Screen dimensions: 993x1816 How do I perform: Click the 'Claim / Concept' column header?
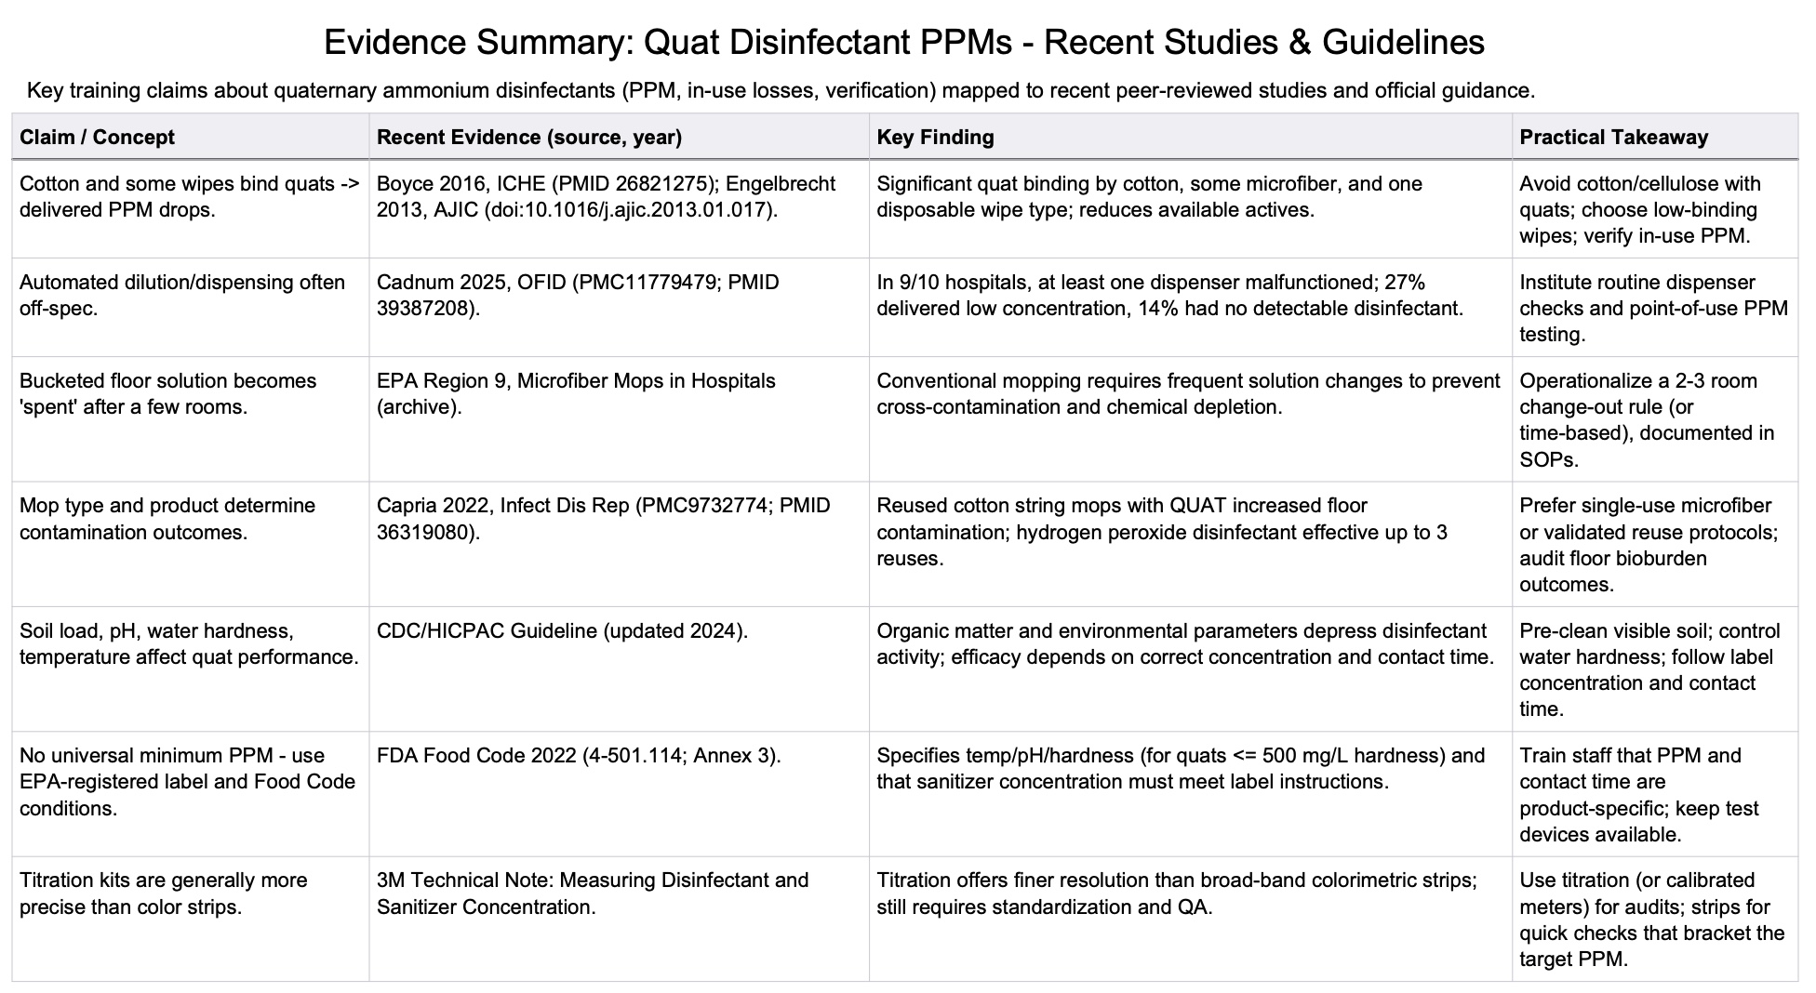click(97, 138)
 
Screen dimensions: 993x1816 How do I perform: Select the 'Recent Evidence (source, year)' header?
click(528, 138)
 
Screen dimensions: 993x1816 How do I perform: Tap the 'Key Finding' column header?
click(935, 138)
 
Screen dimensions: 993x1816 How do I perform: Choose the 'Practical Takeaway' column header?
click(1613, 138)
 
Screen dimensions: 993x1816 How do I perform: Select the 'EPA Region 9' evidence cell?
click(575, 394)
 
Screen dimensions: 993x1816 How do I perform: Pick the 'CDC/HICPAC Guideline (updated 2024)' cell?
click(562, 631)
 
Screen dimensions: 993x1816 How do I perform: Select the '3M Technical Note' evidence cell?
click(592, 894)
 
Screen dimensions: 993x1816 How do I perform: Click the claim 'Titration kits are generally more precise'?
click(164, 894)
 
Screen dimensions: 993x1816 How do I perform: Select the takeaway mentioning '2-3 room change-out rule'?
click(1647, 420)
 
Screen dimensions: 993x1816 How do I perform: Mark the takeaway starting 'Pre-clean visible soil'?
click(1649, 669)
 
